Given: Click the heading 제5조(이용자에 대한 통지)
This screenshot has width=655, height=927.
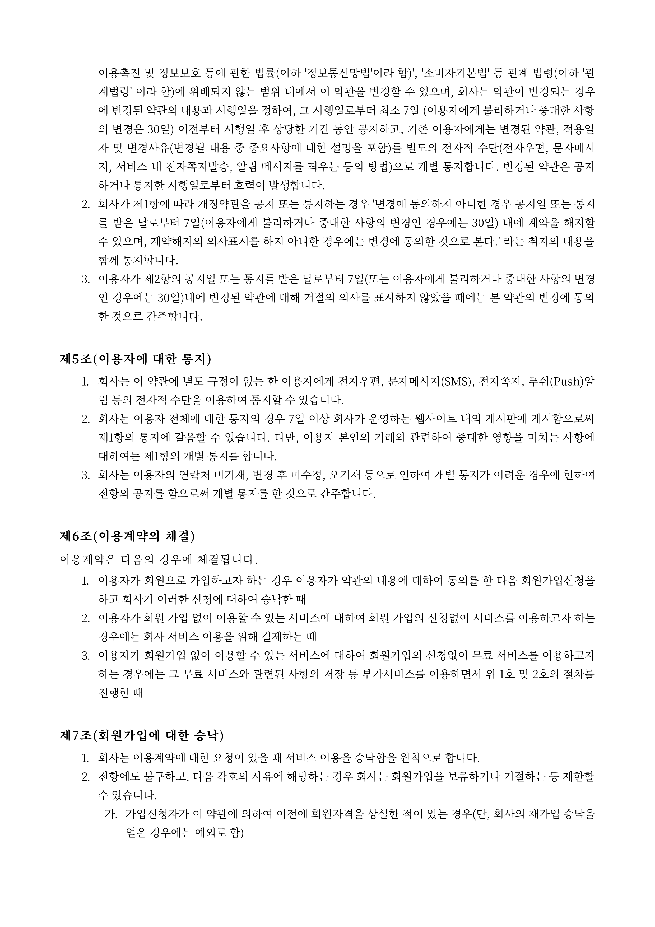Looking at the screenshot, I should [x=136, y=359].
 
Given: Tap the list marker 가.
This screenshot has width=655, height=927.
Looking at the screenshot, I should [x=111, y=814].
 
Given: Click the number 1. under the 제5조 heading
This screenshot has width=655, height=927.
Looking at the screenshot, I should [x=86, y=382].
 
